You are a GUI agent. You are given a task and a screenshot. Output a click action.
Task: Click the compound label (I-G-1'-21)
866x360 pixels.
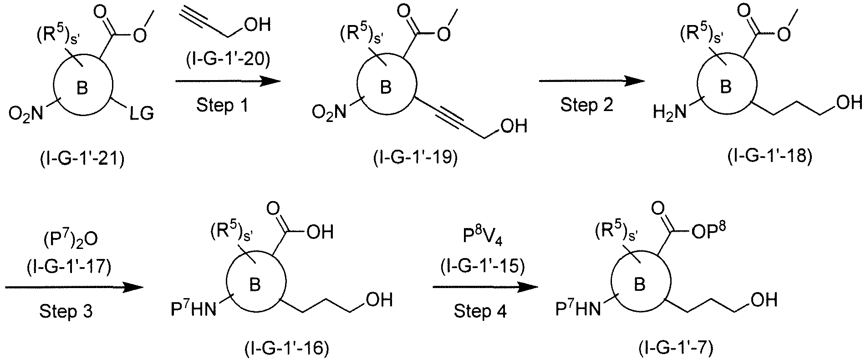pos(81,160)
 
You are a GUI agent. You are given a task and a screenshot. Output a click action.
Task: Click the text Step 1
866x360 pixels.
pos(223,106)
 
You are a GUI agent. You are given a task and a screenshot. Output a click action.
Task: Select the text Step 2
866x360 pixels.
pos(587,106)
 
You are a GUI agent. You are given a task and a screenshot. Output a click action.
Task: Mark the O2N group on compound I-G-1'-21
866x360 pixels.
pos(25,114)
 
